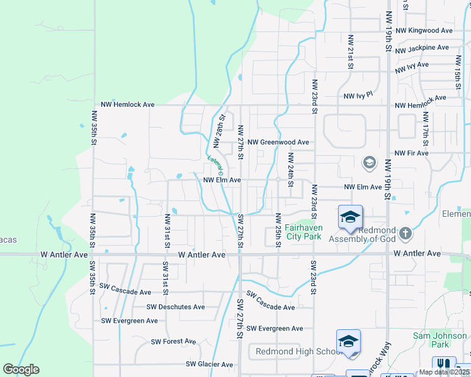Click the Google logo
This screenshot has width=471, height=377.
pos(21,370)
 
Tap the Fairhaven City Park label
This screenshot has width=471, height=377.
pos(303,232)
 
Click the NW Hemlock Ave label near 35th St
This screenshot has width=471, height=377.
pos(128,104)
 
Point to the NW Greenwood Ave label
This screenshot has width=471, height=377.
pos(278,143)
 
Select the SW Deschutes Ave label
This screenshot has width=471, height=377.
pos(176,307)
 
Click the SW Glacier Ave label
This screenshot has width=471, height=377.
pos(209,364)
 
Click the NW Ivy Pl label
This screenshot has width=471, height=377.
pos(358,96)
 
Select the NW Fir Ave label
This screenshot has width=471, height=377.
pos(412,153)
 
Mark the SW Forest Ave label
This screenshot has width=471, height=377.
pos(173,342)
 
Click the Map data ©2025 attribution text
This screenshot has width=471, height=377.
pos(444,372)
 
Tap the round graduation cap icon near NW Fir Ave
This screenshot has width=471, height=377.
pos(369,163)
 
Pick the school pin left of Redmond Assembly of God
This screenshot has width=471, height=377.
pos(350,219)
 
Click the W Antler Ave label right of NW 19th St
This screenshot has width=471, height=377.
pos(417,253)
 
